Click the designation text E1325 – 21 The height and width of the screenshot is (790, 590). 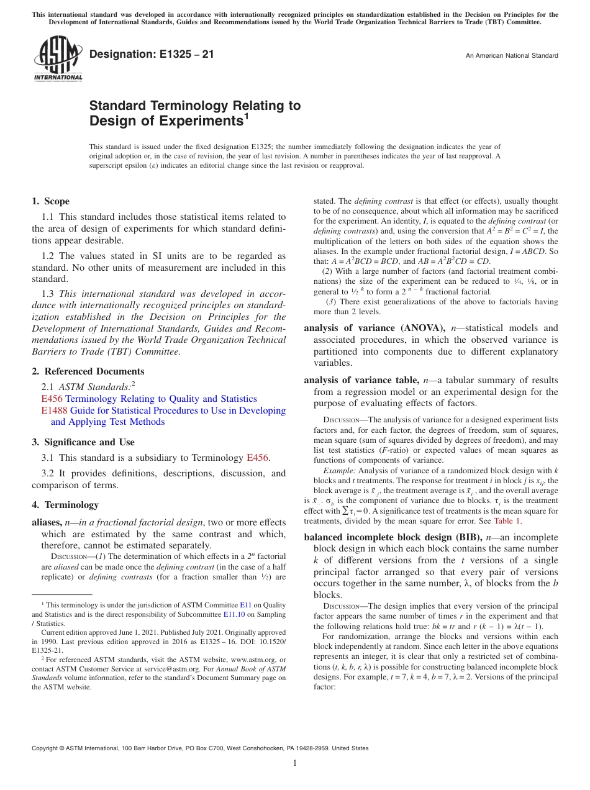point(152,55)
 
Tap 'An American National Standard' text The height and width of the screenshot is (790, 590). point(512,56)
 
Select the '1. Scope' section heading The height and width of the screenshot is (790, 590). point(51,201)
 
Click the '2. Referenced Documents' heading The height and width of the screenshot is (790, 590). point(88,371)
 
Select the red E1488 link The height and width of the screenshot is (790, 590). point(54,411)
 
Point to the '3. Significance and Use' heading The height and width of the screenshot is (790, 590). point(83,442)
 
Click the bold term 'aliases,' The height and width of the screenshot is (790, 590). point(47,524)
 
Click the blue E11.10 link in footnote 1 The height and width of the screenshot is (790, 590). point(233,614)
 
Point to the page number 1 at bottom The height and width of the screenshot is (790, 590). point(295,763)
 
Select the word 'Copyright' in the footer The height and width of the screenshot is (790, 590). point(45,748)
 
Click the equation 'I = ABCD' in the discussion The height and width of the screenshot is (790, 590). point(525,252)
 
